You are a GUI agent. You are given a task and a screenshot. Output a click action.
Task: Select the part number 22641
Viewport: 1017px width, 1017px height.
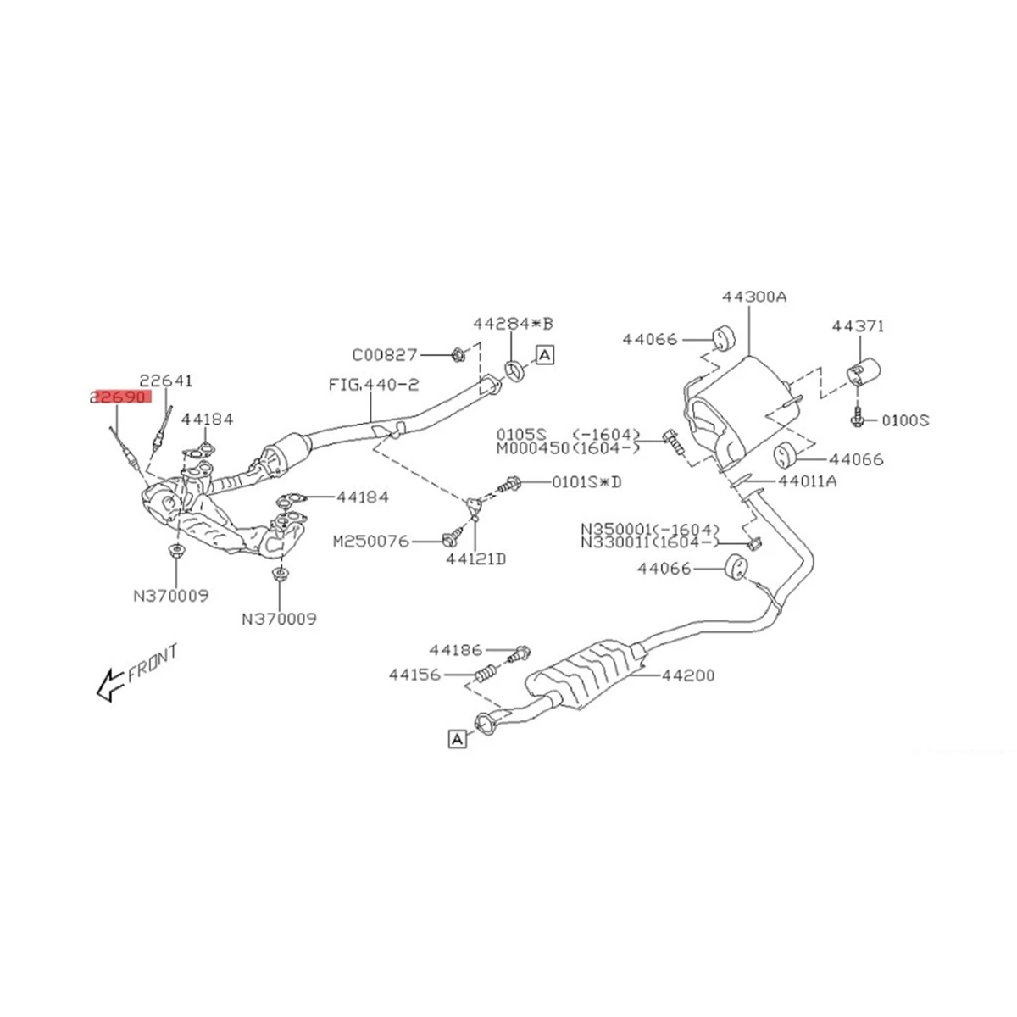(167, 381)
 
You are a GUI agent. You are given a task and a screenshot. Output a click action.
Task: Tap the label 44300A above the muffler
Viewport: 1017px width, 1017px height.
(754, 297)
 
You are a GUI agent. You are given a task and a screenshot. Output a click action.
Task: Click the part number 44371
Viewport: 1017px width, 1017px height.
(858, 325)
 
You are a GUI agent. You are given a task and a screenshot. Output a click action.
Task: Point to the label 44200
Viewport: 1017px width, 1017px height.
(687, 675)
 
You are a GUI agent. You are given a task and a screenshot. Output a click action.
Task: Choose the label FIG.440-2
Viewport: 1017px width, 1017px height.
(374, 385)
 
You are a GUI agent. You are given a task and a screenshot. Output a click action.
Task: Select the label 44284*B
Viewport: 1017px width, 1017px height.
(513, 324)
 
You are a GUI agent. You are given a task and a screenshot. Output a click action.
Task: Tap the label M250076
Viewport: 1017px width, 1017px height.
(371, 540)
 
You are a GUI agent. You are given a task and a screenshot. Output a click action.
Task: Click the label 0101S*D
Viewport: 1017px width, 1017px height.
(586, 482)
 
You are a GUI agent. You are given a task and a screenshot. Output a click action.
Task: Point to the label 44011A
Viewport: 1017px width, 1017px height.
(807, 481)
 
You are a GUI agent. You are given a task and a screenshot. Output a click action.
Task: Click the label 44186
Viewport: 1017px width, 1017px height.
(455, 650)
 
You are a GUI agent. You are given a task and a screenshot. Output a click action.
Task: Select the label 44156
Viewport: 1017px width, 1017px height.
(416, 675)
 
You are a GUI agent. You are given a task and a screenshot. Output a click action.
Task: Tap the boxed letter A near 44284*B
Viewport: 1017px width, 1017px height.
(544, 355)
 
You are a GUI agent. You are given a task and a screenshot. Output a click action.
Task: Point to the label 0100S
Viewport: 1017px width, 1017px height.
(905, 420)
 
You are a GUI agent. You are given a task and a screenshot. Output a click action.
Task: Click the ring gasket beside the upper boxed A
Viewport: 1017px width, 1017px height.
(514, 369)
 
